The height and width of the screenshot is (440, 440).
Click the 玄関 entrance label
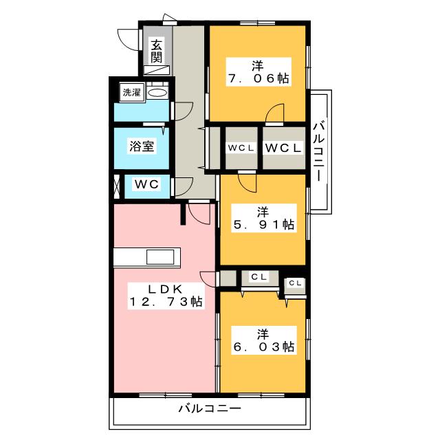[156, 52]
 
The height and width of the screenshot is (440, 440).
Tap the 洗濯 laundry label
[131, 92]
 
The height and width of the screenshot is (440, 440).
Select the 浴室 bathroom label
[142, 146]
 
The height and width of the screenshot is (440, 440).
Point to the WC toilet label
[146, 184]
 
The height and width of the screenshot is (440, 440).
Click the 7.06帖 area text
[258, 78]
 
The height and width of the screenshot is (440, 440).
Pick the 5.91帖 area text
[264, 225]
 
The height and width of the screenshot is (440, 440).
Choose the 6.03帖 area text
[264, 346]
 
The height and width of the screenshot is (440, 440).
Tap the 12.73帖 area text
[166, 302]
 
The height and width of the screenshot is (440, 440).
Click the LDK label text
[166, 289]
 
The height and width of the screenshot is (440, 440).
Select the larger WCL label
[283, 148]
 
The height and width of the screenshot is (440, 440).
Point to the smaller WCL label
[241, 148]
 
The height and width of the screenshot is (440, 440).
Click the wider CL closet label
[258, 277]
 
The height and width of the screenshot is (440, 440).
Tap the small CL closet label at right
[295, 283]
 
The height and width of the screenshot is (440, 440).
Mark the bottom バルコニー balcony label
[210, 408]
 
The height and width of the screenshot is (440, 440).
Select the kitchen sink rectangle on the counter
[160, 257]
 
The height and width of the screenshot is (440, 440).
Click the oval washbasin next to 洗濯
[157, 93]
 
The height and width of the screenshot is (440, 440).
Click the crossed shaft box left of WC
[117, 186]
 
